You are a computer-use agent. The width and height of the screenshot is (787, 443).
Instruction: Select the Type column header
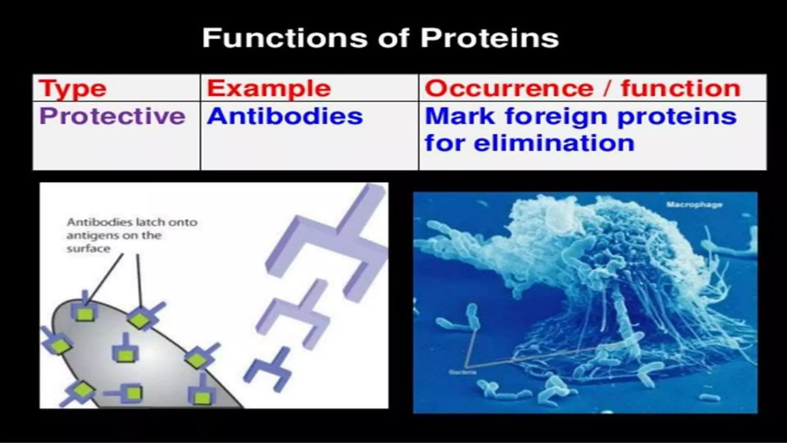pyautogui.click(x=73, y=88)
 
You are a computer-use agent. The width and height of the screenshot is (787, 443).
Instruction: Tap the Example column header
pyautogui.click(x=269, y=88)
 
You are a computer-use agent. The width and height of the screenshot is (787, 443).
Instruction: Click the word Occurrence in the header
pyautogui.click(x=509, y=88)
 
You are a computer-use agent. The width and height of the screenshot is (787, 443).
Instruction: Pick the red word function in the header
pyautogui.click(x=681, y=88)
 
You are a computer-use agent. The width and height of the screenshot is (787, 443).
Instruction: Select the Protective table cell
pyautogui.click(x=112, y=116)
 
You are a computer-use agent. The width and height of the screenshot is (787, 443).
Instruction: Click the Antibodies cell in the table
pyautogui.click(x=285, y=116)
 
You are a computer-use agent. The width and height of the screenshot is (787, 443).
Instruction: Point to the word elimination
pyautogui.click(x=554, y=143)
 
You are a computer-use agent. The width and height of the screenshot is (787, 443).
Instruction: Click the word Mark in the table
pyautogui.click(x=460, y=116)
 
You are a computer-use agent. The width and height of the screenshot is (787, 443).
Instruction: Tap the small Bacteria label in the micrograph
pyautogui.click(x=463, y=372)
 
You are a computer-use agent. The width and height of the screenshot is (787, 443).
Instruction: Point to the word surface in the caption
pyautogui.click(x=88, y=249)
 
